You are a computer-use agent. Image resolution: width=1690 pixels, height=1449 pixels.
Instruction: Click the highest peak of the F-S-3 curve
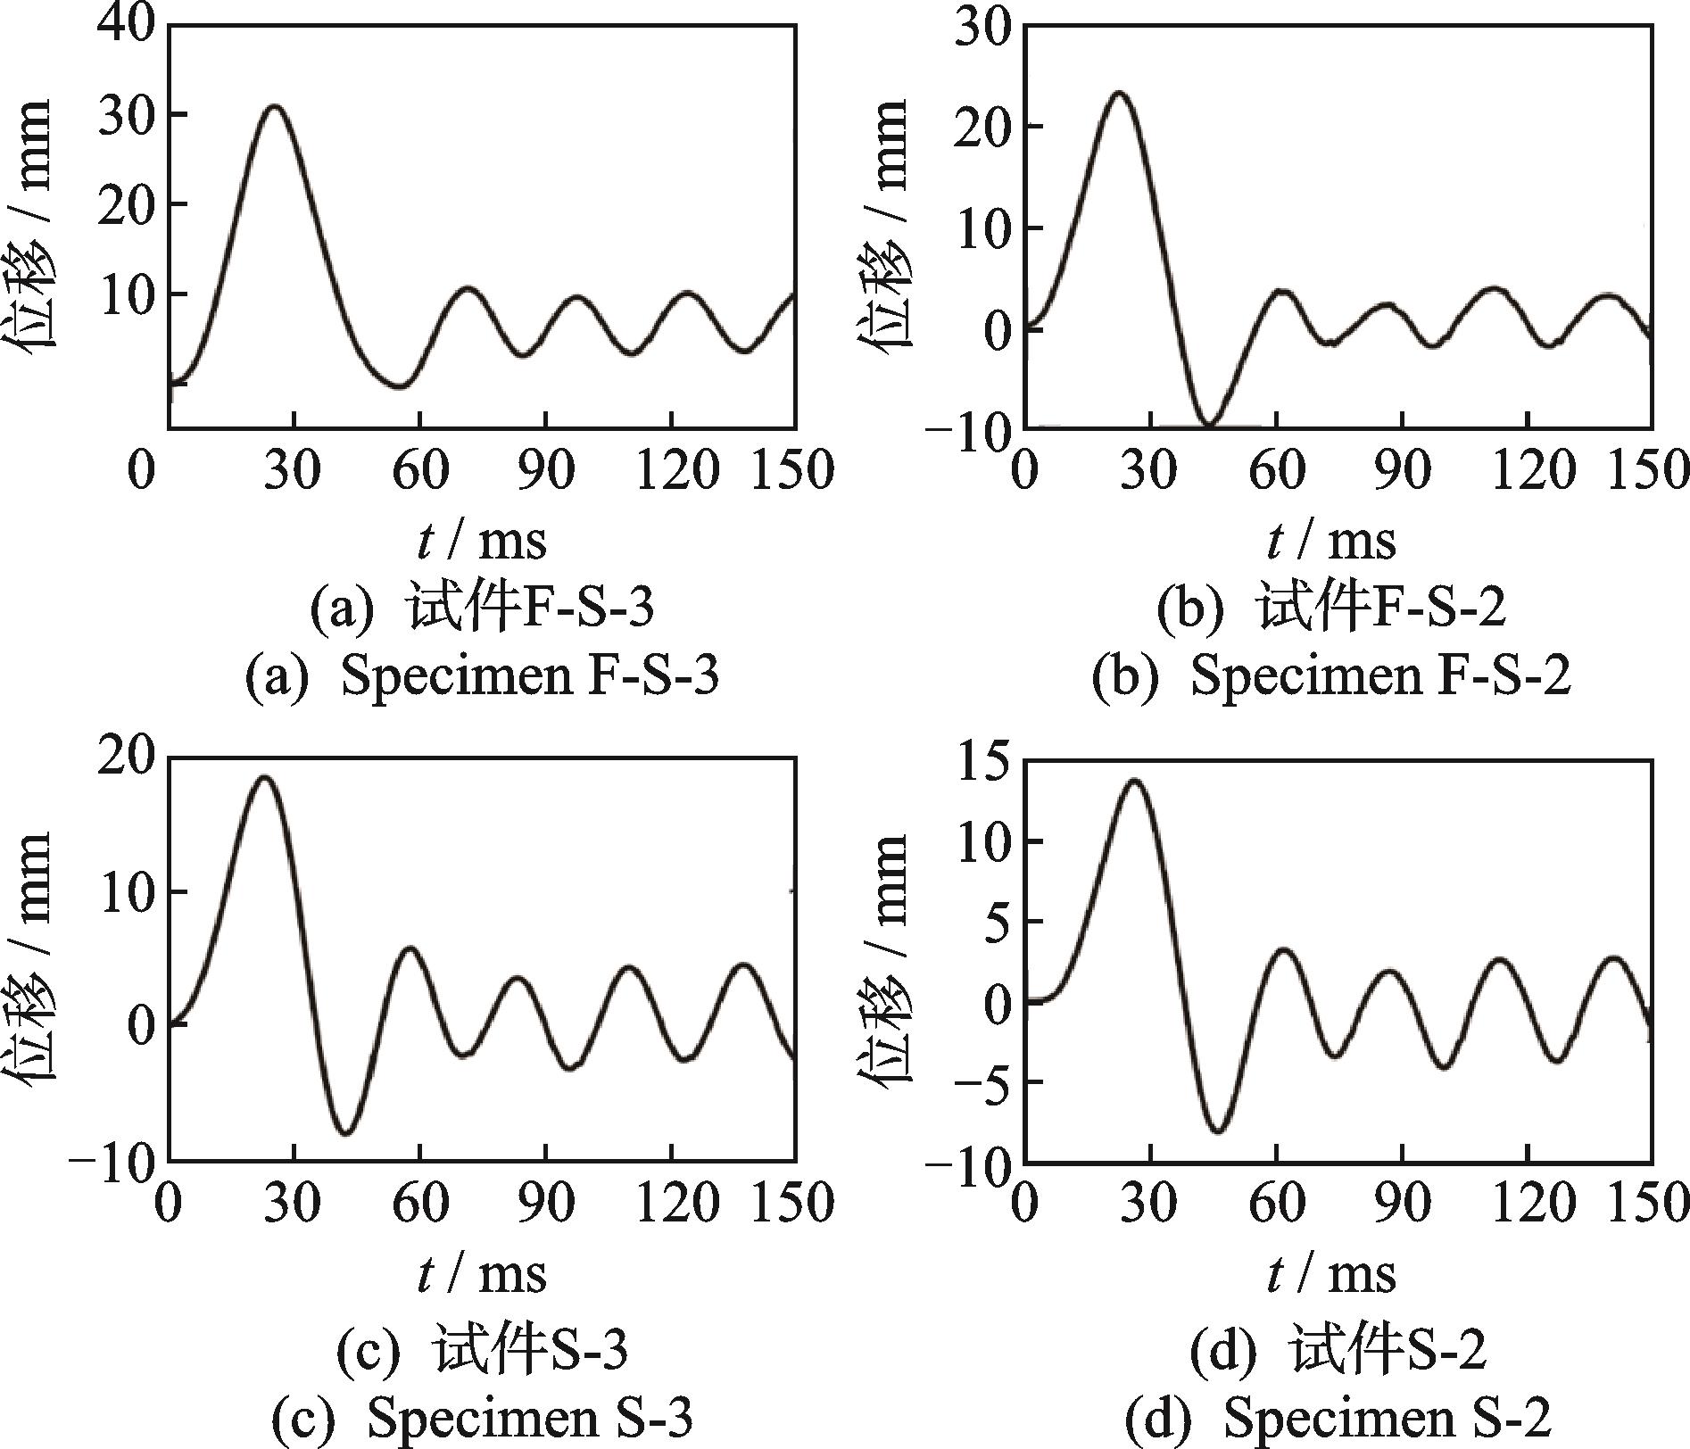click(275, 106)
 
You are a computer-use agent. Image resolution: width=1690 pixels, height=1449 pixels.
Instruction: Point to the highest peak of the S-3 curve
click(265, 777)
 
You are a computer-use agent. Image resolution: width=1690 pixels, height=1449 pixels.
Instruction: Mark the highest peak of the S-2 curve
click(1133, 781)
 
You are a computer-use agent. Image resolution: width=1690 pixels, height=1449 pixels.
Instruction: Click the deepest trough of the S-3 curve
click(348, 1133)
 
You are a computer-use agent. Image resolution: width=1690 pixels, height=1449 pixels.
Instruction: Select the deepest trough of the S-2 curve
click(1219, 1130)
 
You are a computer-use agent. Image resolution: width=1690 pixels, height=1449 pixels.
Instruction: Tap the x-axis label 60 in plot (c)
click(419, 1202)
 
